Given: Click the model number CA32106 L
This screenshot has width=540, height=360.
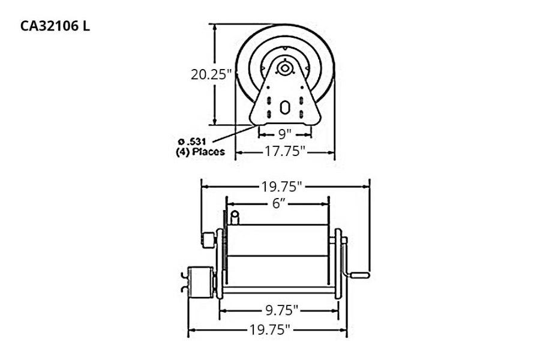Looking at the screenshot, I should [x=55, y=27].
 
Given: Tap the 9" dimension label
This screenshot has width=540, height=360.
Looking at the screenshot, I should [x=284, y=132].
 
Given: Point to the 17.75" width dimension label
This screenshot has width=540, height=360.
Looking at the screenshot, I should [x=286, y=152].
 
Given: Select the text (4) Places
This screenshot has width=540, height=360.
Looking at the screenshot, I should [x=196, y=152].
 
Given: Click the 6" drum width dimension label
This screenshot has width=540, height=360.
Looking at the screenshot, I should [x=277, y=203].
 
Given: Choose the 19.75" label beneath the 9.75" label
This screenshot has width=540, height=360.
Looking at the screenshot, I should [x=268, y=329].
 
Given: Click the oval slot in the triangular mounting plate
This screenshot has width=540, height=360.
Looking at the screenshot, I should [x=286, y=110].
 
